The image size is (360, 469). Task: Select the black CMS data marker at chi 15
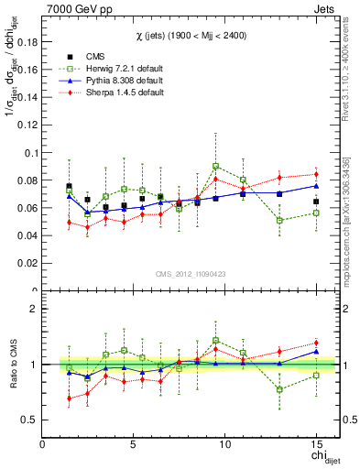coord(316,202)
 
